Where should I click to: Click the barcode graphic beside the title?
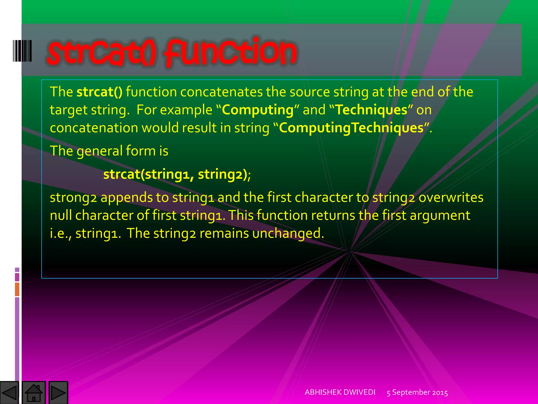tap(22, 51)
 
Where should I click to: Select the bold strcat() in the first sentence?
tap(99, 92)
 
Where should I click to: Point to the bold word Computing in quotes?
tap(258, 110)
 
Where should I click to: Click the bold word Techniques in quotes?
tap(371, 110)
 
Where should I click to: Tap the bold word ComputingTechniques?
tap(351, 128)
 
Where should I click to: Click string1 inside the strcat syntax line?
tap(167, 174)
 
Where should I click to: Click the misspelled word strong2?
tap(73, 198)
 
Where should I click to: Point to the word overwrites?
tap(451, 198)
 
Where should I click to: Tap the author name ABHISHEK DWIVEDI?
tap(340, 392)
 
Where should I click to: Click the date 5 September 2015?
tap(417, 392)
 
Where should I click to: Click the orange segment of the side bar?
tap(17, 289)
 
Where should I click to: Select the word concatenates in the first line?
tap(221, 92)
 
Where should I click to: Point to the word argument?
tap(440, 215)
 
